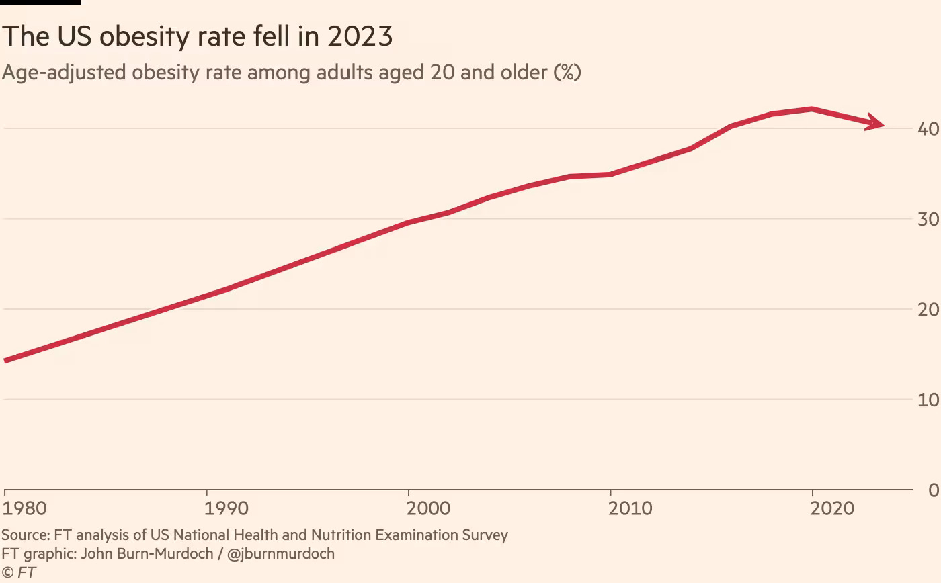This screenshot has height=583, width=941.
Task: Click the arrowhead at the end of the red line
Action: tap(876, 122)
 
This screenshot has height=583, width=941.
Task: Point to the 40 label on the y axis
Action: tap(928, 128)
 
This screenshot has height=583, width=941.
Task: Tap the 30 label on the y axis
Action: tap(928, 219)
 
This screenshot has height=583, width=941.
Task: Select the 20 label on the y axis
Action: tap(928, 310)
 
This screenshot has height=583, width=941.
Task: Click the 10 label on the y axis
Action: tap(928, 400)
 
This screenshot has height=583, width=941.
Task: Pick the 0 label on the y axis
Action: tap(933, 490)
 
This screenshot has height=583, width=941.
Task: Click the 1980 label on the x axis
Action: tap(26, 508)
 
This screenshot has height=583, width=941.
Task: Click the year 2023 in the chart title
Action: tap(360, 36)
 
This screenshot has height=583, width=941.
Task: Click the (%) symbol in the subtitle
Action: tap(567, 72)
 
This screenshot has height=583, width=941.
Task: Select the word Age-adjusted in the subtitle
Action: tap(64, 72)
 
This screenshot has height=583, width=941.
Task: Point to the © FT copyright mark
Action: tap(18, 572)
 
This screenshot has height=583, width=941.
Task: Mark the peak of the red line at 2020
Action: tap(812, 109)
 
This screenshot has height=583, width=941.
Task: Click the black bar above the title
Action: tap(40, 3)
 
